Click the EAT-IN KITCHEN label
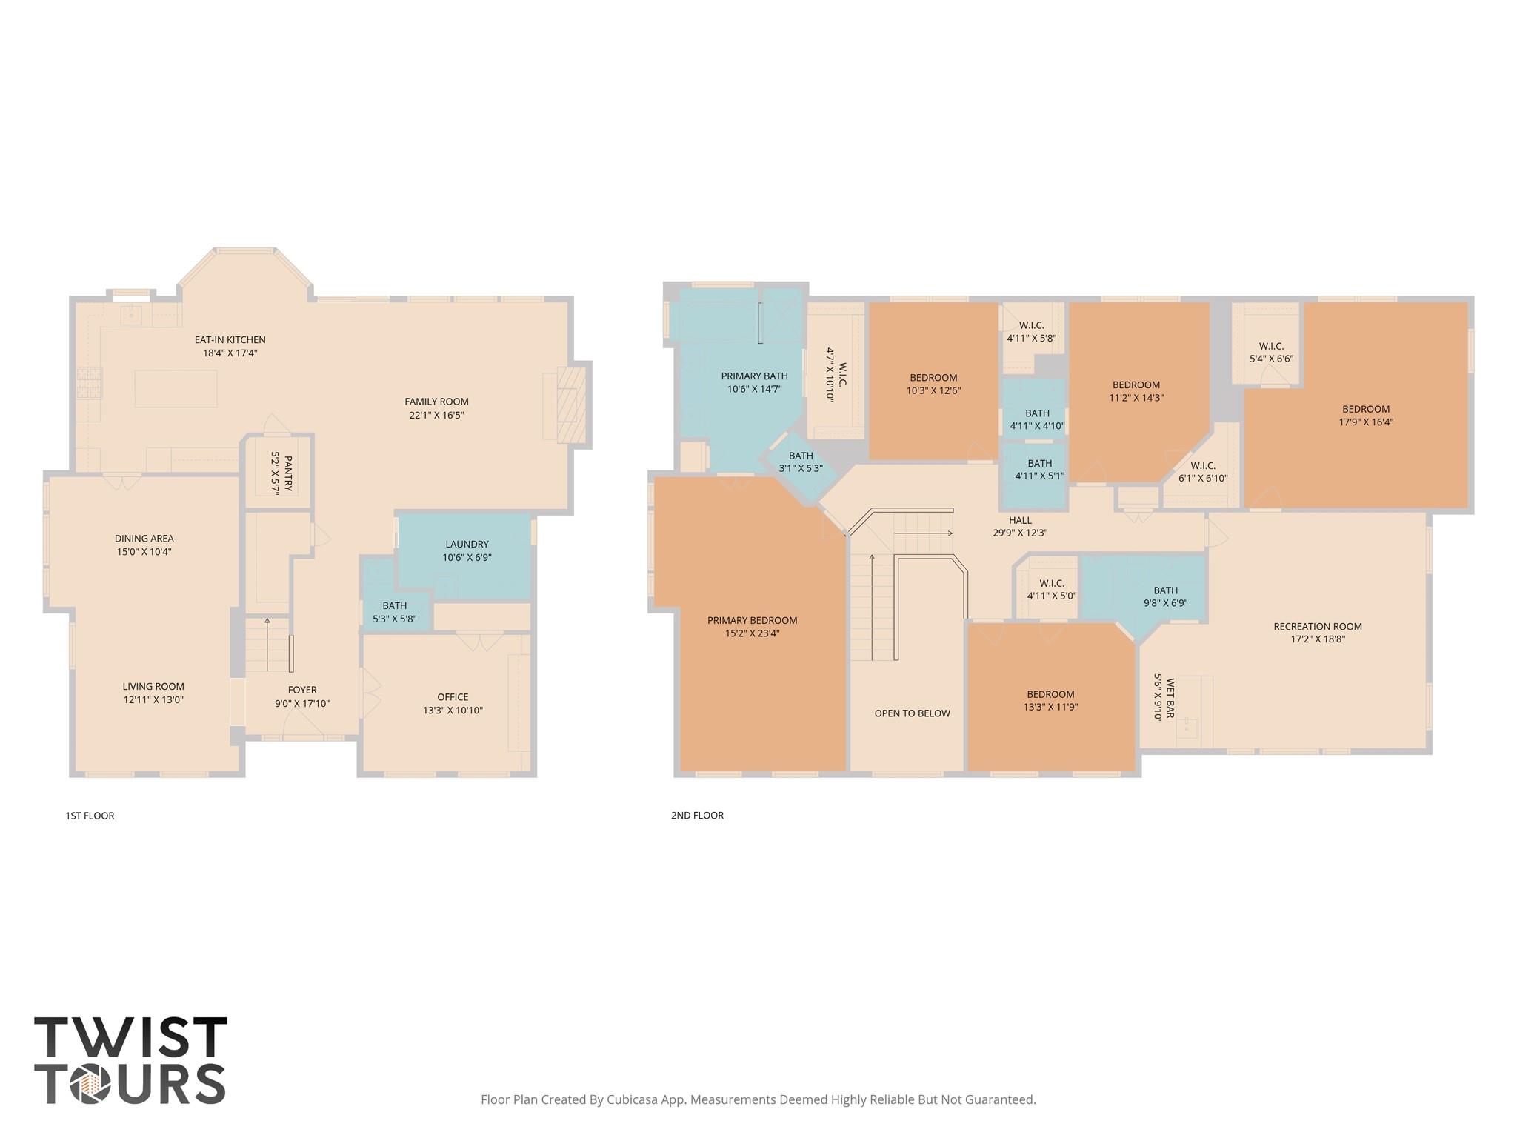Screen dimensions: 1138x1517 (230, 340)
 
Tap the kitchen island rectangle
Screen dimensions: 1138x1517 (176, 389)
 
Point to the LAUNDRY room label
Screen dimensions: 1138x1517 (467, 545)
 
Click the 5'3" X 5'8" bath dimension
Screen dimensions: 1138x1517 (394, 619)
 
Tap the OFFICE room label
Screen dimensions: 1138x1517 (453, 697)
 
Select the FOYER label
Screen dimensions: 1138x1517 (302, 690)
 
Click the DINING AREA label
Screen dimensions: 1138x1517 (144, 539)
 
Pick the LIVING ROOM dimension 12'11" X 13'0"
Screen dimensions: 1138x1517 (153, 700)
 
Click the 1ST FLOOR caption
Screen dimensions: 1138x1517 (90, 816)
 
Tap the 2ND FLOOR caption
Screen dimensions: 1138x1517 (697, 815)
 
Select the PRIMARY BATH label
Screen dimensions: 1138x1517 (754, 376)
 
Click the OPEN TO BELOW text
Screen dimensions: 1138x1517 (912, 713)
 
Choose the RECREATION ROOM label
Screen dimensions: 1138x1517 (1318, 627)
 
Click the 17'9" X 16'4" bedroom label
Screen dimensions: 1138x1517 (1366, 422)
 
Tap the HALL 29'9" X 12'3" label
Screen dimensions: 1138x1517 (1020, 526)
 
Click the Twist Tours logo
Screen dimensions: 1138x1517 (130, 1060)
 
